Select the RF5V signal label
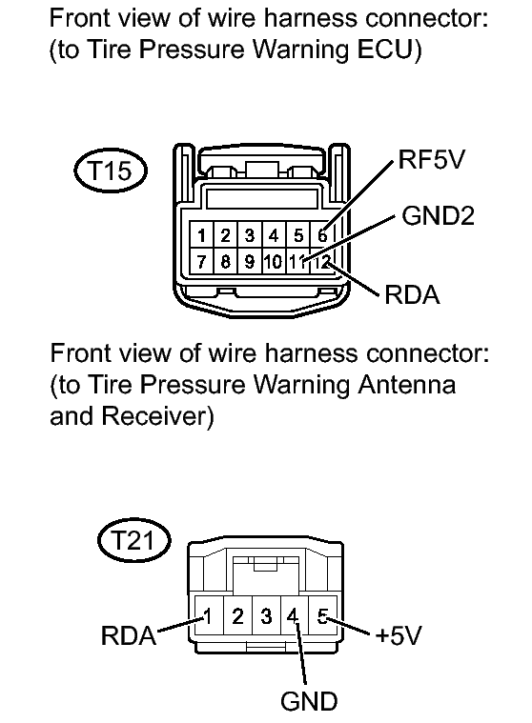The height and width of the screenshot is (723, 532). [x=432, y=159]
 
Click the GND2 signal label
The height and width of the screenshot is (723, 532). [x=438, y=215]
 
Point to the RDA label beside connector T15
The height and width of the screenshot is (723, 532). [x=412, y=294]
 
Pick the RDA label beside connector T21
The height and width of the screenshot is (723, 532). [x=129, y=635]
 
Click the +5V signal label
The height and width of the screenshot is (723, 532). [x=399, y=635]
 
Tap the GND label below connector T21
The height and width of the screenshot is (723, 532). [x=309, y=701]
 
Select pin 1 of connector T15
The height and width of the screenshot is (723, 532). [x=201, y=235]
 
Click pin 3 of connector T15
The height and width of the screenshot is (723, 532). [x=250, y=235]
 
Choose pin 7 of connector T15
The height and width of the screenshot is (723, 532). [x=201, y=262]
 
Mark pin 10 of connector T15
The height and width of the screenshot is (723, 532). [x=274, y=262]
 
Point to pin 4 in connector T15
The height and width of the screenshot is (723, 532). [x=274, y=235]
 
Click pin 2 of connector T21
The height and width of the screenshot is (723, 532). [x=237, y=616]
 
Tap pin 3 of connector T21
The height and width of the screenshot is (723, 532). [x=266, y=616]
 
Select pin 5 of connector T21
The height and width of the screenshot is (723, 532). [x=323, y=616]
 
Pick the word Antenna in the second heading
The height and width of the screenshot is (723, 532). [x=406, y=384]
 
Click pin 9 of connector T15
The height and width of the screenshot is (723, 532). [x=250, y=262]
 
